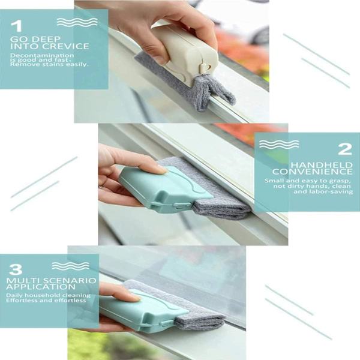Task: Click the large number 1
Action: coord(16,26)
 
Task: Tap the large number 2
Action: coord(345,149)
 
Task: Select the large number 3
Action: coord(16,269)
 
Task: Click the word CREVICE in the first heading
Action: coord(65,46)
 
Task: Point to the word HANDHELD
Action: coord(322,165)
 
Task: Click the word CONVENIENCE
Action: coord(312,172)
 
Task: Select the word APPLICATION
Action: coord(41,287)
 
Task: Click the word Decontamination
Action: coord(42,55)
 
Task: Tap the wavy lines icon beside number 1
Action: coord(77,22)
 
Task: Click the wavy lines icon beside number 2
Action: coord(279,144)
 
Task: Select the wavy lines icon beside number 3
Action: coord(70,266)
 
